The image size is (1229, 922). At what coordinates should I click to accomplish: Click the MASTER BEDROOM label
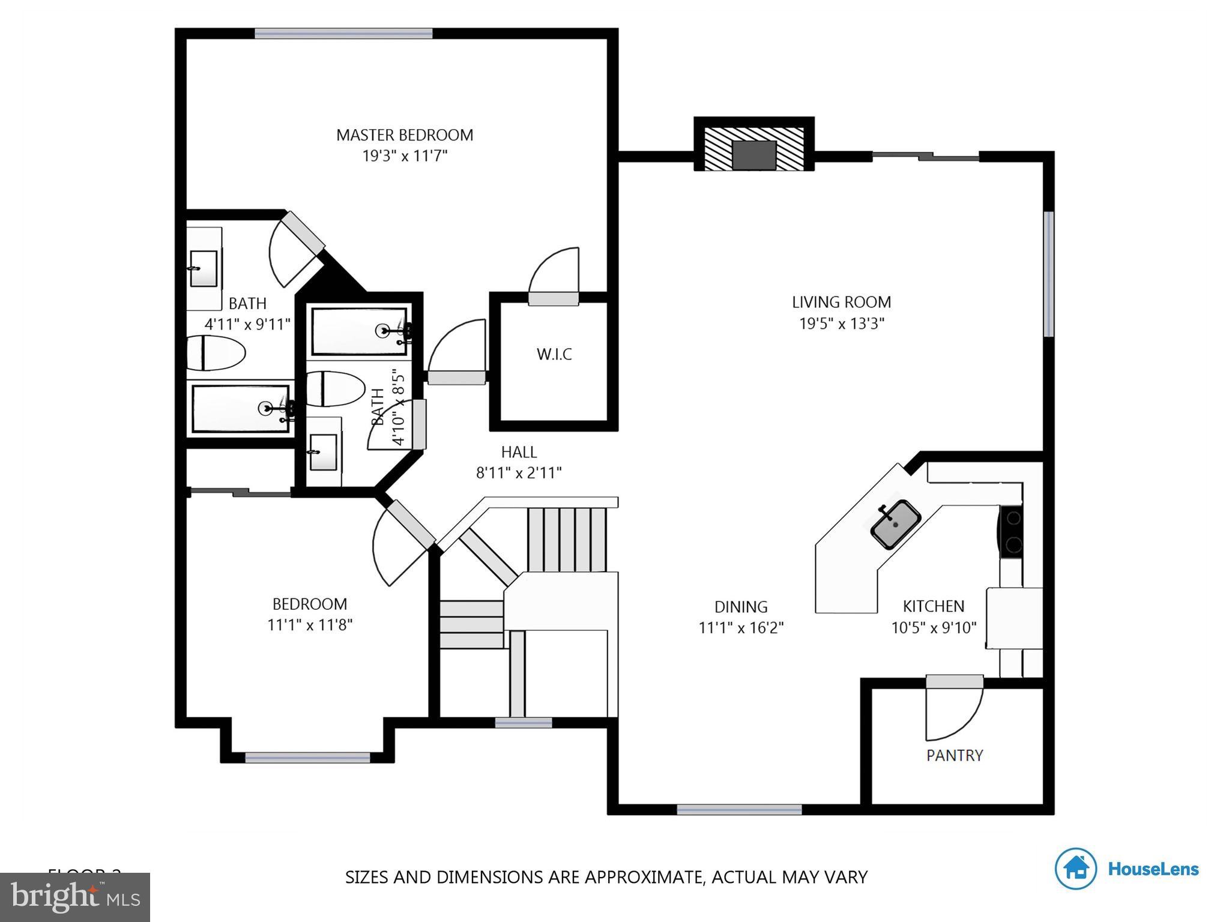click(x=404, y=135)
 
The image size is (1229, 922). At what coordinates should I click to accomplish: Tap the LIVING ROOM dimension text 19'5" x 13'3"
click(x=841, y=324)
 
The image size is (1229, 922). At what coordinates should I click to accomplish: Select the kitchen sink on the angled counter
click(x=895, y=523)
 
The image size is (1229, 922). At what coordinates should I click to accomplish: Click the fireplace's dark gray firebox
click(x=754, y=155)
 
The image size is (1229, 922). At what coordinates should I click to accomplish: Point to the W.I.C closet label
click(x=554, y=354)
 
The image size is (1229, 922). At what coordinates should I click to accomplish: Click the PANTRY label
click(x=954, y=755)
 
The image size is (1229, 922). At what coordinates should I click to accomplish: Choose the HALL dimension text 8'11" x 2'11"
click(x=519, y=473)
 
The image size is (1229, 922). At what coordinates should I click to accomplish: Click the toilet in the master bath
click(x=214, y=353)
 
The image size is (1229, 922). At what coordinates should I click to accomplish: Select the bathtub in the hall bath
click(x=360, y=331)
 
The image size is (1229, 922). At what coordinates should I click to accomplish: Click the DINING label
click(x=740, y=607)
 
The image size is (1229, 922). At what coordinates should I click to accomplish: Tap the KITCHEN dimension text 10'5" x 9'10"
click(x=933, y=628)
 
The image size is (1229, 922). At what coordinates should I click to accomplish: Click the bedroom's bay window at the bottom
click(x=307, y=758)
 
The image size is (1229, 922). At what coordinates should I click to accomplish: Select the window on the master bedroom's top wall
click(x=343, y=34)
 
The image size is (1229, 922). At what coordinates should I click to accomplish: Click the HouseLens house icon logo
click(x=1075, y=868)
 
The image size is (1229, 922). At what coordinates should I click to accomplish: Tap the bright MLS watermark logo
click(x=74, y=897)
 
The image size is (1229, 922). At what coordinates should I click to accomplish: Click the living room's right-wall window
click(x=1048, y=274)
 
